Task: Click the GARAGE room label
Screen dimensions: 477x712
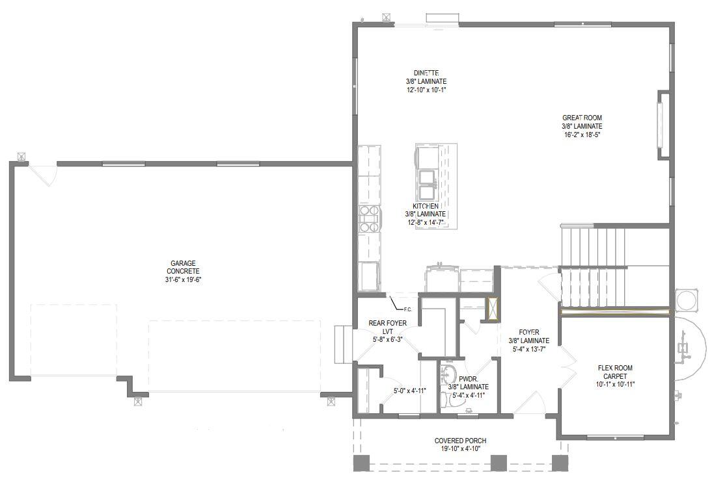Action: click(183, 263)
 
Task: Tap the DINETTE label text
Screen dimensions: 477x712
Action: click(426, 73)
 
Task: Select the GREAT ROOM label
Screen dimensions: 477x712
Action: click(582, 118)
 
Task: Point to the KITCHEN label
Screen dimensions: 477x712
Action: click(425, 206)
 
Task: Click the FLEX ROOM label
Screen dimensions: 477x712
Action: click(616, 368)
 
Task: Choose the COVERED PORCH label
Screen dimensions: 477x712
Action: click(460, 441)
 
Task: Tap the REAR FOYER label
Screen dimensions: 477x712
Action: click(387, 323)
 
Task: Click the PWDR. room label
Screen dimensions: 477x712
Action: click(468, 378)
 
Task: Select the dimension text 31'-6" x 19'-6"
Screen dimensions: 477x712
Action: click(183, 280)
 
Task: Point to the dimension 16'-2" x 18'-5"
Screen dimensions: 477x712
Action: click(582, 135)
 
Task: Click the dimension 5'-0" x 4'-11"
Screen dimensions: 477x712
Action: click(409, 391)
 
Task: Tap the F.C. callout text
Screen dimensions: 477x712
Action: click(408, 309)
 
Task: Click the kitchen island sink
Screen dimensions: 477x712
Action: click(427, 184)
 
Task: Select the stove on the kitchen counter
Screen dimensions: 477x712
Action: click(369, 219)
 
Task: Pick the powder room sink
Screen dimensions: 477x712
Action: click(448, 374)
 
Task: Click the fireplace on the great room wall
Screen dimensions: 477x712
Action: click(664, 125)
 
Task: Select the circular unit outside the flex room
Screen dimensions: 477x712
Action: click(687, 300)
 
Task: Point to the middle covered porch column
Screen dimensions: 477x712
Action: click(498, 462)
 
